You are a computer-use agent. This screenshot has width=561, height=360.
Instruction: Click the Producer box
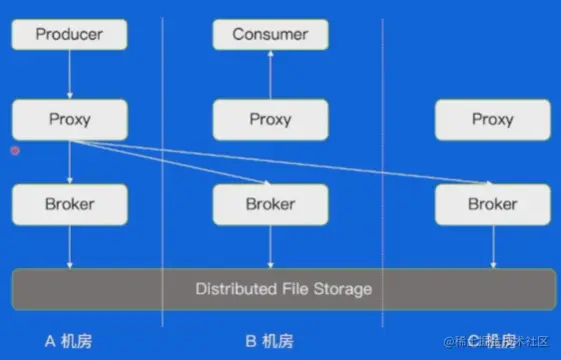pos(69,35)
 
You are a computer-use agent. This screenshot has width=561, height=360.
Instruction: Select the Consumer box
pos(270,35)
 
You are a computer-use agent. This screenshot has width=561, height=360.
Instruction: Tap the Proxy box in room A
pos(69,119)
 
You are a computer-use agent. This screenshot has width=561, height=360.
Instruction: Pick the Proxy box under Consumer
pos(270,119)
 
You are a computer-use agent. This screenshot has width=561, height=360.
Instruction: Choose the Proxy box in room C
pos(492,119)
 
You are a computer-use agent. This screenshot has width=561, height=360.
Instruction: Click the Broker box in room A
pos(69,204)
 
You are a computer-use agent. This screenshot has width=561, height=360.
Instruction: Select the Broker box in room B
pos(270,204)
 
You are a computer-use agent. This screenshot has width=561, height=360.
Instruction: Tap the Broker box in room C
pos(492,204)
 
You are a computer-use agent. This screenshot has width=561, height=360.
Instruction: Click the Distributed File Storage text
pos(284,289)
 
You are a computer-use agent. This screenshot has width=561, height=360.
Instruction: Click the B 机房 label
pos(269,341)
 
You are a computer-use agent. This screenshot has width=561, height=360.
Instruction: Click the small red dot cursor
pos(14,151)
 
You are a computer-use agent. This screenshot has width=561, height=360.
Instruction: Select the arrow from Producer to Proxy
pos(69,75)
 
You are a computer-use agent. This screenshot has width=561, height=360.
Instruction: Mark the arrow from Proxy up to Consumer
pos(270,75)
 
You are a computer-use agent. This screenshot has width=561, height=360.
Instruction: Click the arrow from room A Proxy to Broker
pos(69,161)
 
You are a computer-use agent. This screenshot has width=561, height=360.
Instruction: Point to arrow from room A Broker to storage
pos(69,246)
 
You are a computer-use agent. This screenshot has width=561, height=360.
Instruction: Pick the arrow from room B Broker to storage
pos(270,246)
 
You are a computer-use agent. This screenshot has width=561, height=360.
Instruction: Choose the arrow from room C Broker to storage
pos(492,246)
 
